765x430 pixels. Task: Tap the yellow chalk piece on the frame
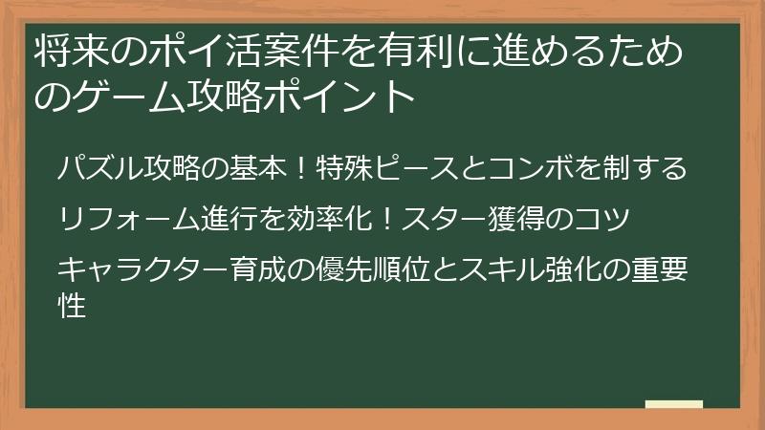(673, 406)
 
